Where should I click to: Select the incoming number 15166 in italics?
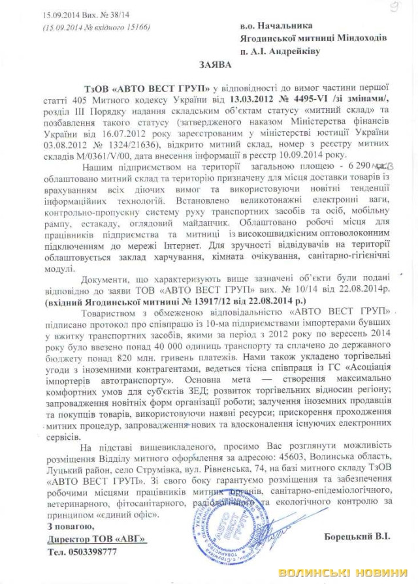(x=134, y=27)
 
